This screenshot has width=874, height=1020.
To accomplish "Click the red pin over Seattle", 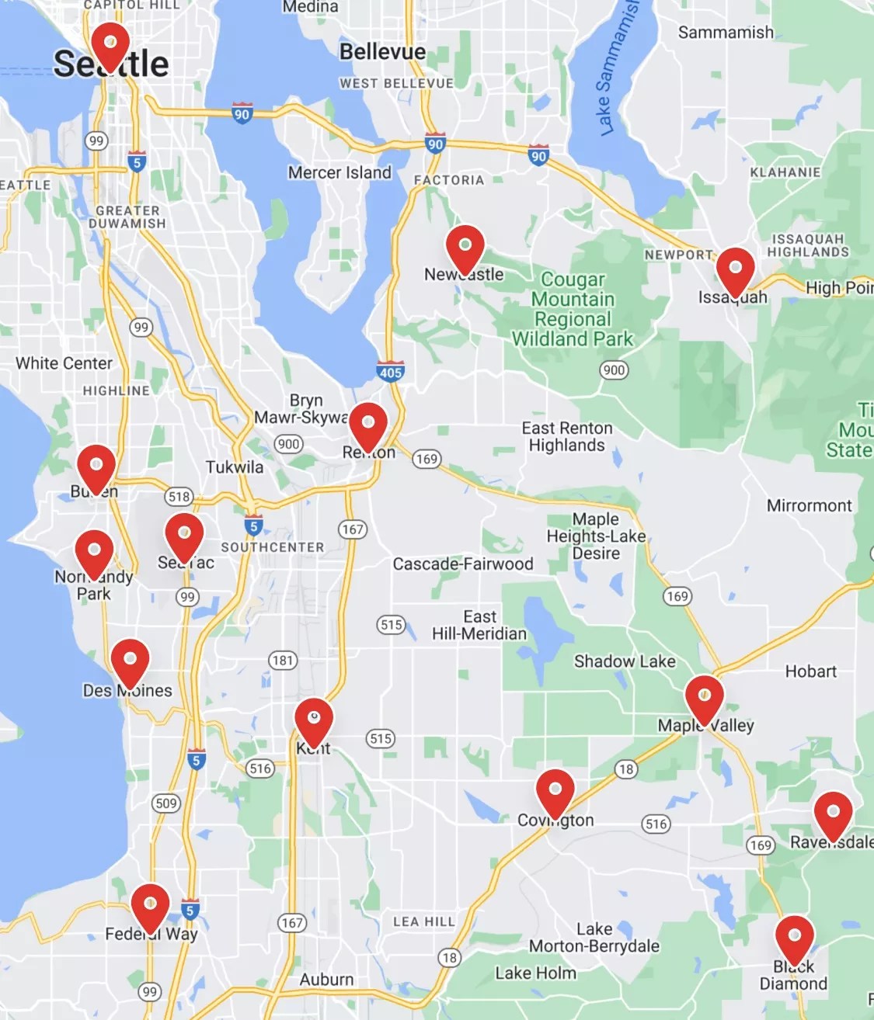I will [110, 43].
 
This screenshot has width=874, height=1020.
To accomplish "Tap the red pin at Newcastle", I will [465, 247].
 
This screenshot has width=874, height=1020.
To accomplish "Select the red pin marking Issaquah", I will [735, 270].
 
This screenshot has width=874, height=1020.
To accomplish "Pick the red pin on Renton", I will [368, 425].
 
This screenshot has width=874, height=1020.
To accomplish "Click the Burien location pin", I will [96, 467].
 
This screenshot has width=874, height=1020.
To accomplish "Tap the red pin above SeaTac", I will [184, 535].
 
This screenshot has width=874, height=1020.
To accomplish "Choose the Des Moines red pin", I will [130, 661].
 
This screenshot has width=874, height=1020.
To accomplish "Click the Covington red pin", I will [555, 791].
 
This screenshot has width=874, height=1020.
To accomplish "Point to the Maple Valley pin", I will [704, 697].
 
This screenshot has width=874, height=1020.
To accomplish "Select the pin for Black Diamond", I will [794, 938].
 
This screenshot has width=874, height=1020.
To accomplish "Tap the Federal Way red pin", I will [150, 905].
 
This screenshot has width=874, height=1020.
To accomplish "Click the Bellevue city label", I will [383, 52].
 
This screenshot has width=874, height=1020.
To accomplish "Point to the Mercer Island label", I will [340, 172].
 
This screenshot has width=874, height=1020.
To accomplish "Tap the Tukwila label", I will [235, 467].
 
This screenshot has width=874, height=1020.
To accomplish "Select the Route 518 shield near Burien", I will [179, 497].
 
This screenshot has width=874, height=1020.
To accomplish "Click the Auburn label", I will [326, 980].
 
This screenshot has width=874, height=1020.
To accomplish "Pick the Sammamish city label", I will [726, 33].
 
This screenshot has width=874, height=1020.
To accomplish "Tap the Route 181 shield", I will [283, 661].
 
